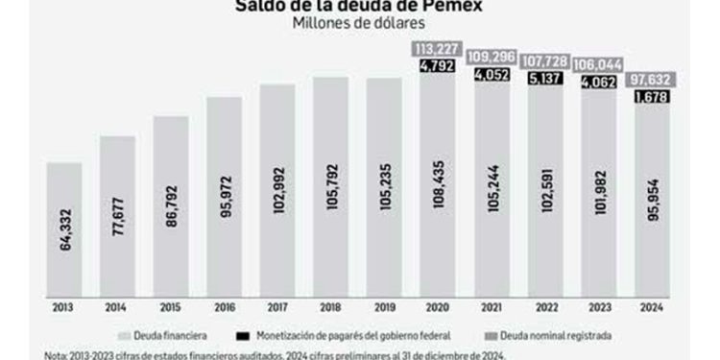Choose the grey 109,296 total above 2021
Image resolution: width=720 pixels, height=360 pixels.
pos(490,57)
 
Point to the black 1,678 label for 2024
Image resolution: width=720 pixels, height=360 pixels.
pos(650,97)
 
